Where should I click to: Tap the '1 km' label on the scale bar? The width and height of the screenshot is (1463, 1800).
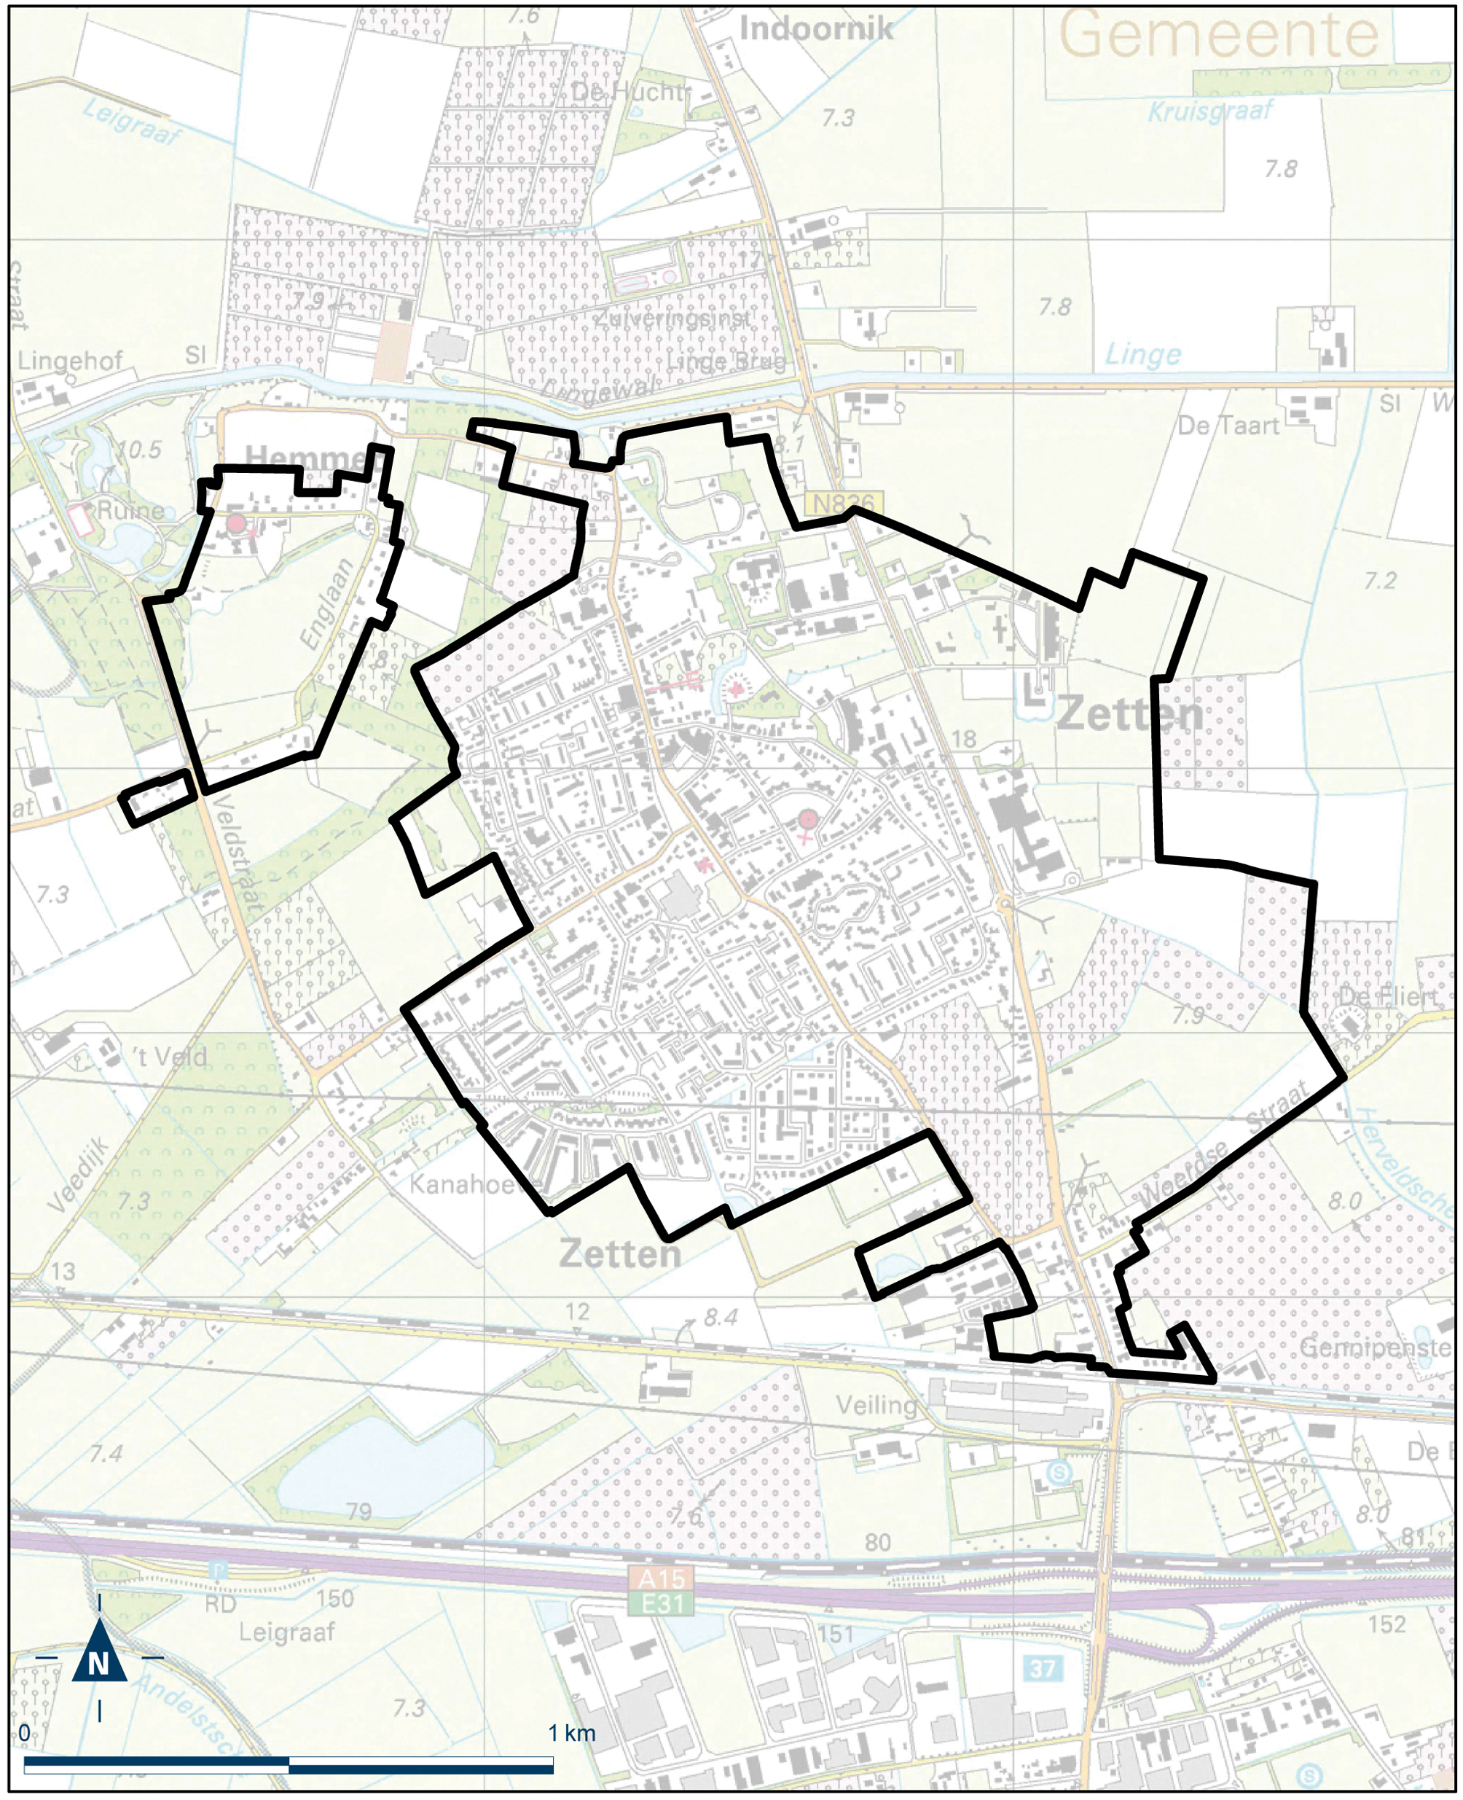point(571,1734)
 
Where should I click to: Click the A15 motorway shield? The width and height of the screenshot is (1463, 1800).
point(662,1578)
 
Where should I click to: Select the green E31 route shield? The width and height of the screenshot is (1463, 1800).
point(662,1604)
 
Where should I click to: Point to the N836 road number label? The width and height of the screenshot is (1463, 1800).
point(843,504)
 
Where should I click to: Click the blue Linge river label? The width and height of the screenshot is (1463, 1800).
point(1142,355)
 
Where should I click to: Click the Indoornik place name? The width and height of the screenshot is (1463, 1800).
point(816,29)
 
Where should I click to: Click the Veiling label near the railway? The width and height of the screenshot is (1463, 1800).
point(876,1405)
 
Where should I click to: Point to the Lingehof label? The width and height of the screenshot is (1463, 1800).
point(70,361)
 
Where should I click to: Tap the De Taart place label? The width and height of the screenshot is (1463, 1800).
point(1228,426)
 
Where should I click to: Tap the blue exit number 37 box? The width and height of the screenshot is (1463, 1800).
point(1043,1667)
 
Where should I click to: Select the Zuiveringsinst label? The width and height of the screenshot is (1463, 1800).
point(672,319)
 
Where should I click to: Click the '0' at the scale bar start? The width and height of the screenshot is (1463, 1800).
point(25,1734)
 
